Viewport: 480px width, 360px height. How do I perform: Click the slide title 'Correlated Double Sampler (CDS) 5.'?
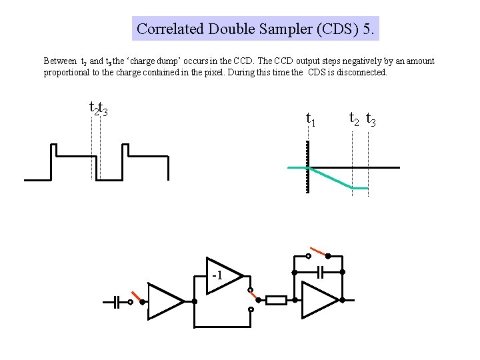pos(256,29)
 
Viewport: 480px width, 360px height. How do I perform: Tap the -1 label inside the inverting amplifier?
pos(217,275)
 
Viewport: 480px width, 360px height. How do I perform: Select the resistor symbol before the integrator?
pos(276,300)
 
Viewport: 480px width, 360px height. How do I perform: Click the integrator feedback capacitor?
pos(320,272)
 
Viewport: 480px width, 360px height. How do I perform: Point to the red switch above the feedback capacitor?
pos(318,253)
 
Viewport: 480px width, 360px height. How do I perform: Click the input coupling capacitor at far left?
pos(115,302)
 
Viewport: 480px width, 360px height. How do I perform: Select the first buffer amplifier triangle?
pos(164,301)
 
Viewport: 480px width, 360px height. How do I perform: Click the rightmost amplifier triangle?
pos(319,300)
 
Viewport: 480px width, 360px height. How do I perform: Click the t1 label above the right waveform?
pos(310,120)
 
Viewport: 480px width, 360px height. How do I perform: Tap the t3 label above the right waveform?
pos(371,121)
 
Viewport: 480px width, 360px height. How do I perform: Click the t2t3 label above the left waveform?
pos(99,107)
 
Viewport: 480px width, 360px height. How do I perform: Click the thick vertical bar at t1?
pos(308,167)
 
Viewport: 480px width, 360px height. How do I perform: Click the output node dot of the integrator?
pos(342,301)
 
